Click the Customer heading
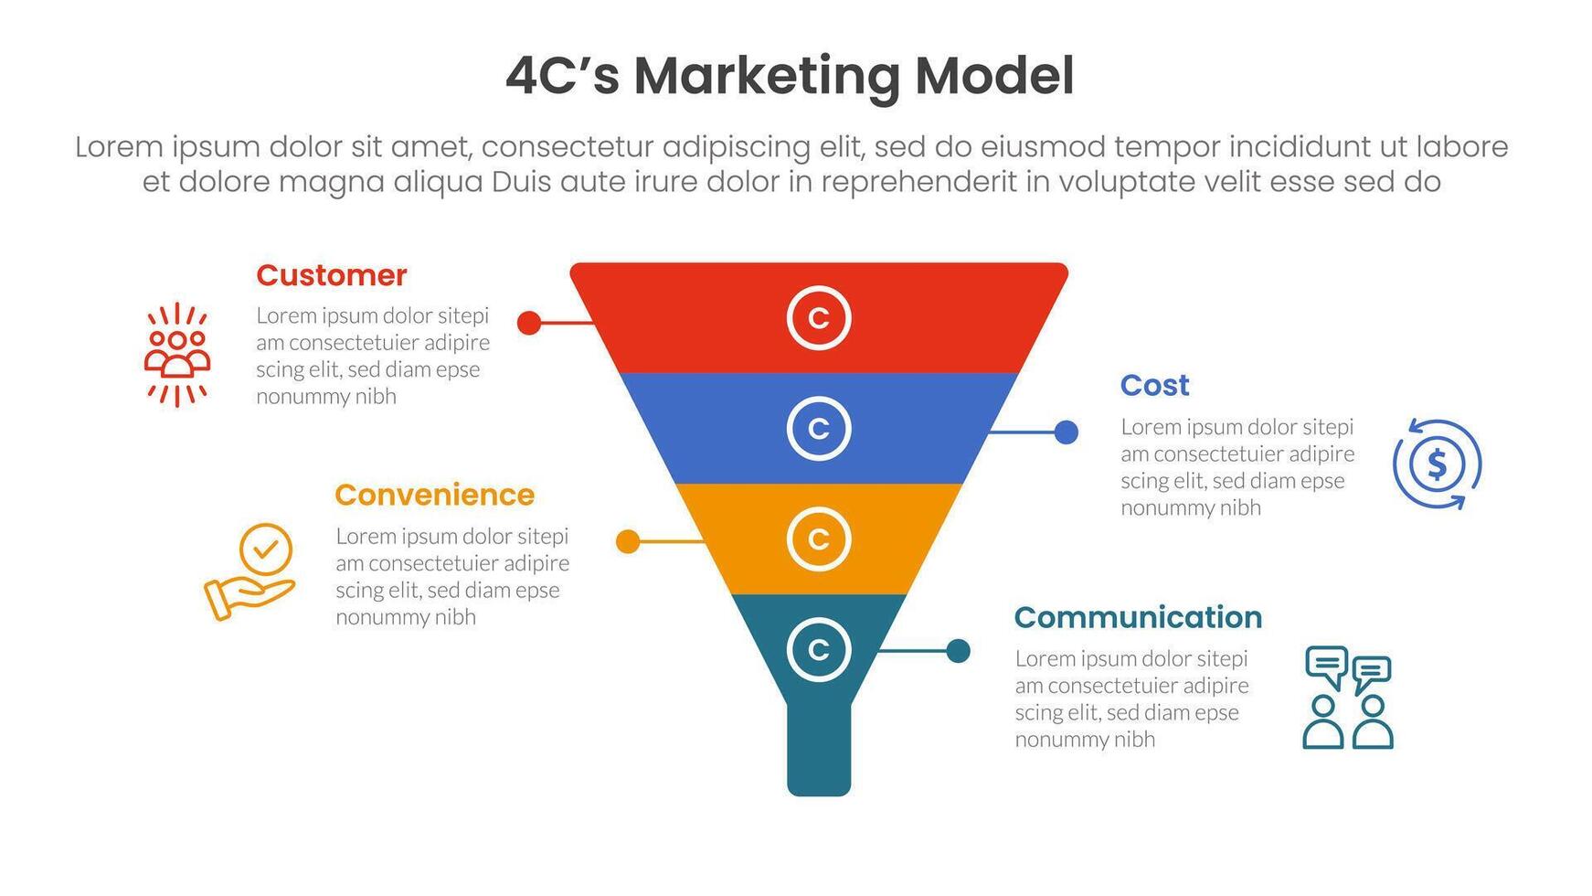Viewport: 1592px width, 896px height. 331,275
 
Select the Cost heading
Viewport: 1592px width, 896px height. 1155,386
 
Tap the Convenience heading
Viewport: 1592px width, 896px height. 434,495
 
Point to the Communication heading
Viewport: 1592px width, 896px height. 1138,617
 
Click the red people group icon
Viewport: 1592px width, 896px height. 177,355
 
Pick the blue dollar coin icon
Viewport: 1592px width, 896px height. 1438,464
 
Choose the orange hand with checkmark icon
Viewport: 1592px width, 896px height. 249,571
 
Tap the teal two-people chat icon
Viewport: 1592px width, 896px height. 1348,698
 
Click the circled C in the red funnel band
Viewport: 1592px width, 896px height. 819,318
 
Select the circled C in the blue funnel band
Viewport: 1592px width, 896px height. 819,429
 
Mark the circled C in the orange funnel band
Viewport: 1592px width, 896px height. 819,539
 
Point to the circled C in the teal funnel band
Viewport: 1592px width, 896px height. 819,650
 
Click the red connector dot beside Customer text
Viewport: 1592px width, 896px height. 529,322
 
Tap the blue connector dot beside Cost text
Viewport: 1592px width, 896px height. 1067,432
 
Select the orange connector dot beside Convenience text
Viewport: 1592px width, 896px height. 628,542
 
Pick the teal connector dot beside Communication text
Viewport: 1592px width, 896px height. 959,651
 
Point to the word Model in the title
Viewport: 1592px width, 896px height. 994,76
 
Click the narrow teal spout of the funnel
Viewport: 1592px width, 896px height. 819,750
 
